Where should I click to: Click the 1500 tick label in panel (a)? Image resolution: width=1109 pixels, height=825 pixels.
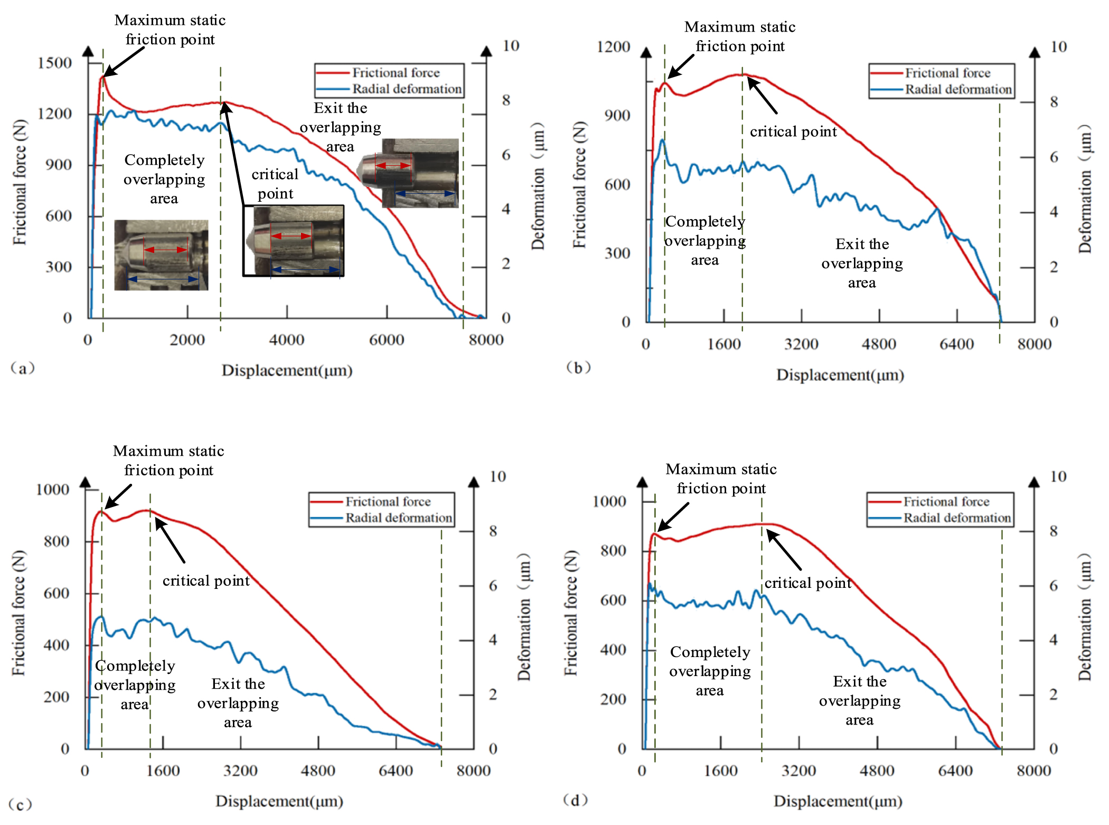pyautogui.click(x=54, y=63)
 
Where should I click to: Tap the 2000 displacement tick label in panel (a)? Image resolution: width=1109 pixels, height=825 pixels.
pyautogui.click(x=187, y=340)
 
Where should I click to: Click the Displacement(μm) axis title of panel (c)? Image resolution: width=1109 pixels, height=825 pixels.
pyautogui.click(x=279, y=801)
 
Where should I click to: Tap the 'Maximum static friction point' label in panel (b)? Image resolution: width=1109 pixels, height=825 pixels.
pyautogui.click(x=739, y=36)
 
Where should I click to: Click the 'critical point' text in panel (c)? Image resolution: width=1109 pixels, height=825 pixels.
pyautogui.click(x=206, y=580)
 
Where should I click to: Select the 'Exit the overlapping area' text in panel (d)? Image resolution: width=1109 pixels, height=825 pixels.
pyautogui.click(x=860, y=700)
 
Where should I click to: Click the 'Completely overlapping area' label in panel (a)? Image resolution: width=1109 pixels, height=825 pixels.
pyautogui.click(x=164, y=179)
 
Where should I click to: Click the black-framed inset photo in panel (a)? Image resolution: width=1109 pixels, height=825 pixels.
pyautogui.click(x=294, y=241)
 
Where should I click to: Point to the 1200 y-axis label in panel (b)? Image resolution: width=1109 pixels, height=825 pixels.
pyautogui.click(x=613, y=47)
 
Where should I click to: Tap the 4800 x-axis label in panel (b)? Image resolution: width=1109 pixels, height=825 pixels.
pyautogui.click(x=879, y=344)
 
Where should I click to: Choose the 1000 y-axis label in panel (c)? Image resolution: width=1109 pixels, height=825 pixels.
pyautogui.click(x=52, y=489)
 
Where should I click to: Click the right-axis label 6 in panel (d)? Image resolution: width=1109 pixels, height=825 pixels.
pyautogui.click(x=1054, y=585)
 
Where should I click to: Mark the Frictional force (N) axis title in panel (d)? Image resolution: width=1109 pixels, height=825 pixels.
pyautogui.click(x=570, y=613)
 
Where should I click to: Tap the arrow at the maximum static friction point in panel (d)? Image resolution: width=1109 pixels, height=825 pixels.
pyautogui.click(x=673, y=517)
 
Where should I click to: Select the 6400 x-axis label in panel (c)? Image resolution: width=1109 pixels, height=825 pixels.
pyautogui.click(x=396, y=771)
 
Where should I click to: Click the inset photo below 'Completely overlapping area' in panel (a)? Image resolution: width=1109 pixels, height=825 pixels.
pyautogui.click(x=161, y=255)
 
